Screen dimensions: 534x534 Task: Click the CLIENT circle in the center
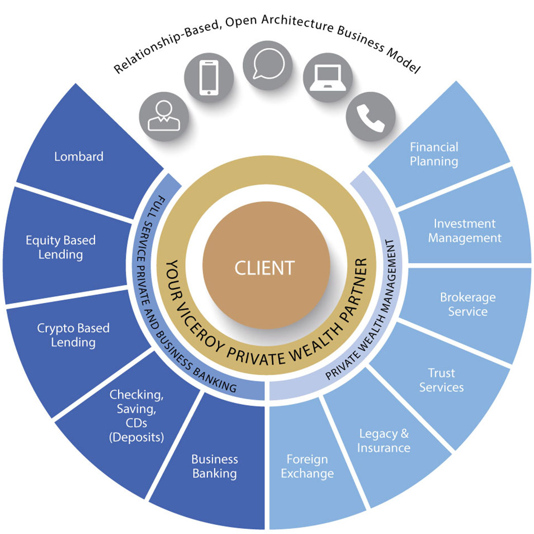pos(265,268)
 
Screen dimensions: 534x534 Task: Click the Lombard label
pos(79,156)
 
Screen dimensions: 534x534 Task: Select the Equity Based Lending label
pos(61,247)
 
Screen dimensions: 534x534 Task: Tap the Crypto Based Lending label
pos(73,335)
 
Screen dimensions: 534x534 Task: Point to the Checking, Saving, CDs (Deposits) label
pos(136,416)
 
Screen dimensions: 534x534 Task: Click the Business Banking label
pos(215,466)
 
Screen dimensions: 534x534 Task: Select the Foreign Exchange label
pos(307,466)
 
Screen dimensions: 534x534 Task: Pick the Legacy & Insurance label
pos(385,440)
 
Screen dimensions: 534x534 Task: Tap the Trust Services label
pos(442,380)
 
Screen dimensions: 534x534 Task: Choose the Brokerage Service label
pos(468,304)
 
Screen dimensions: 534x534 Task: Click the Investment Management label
pos(465,231)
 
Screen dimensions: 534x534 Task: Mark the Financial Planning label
pos(434,154)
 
